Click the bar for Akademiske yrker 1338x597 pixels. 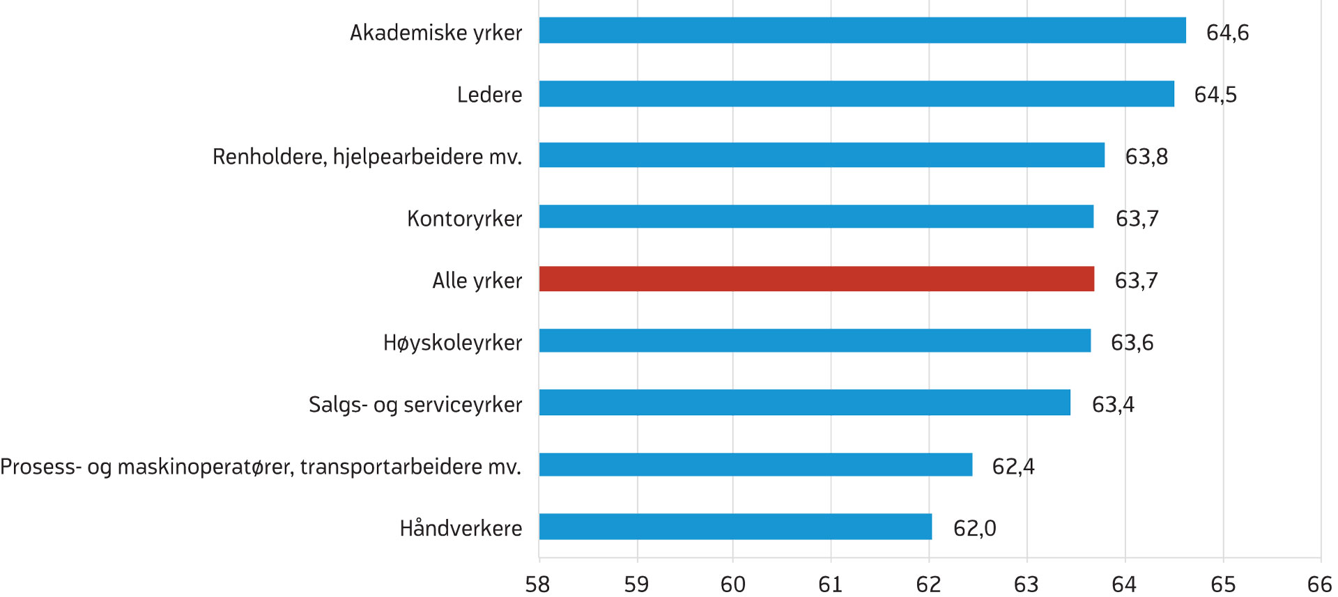click(862, 31)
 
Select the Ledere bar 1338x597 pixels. click(856, 94)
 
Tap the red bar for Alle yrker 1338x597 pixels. click(816, 279)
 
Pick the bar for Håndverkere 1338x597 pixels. click(735, 527)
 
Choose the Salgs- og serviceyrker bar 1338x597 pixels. click(804, 403)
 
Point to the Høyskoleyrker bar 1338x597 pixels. click(815, 341)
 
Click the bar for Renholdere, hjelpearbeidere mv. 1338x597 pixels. click(822, 155)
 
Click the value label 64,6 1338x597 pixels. click(1227, 33)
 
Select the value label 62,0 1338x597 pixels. click(974, 529)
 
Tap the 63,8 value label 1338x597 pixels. click(1146, 157)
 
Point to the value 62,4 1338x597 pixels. click(1013, 467)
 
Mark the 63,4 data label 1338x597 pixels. click(1113, 405)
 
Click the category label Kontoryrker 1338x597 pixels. click(464, 219)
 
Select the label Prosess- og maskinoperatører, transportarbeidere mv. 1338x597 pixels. click(261, 467)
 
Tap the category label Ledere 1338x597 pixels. click(489, 95)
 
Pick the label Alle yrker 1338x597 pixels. click(477, 281)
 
